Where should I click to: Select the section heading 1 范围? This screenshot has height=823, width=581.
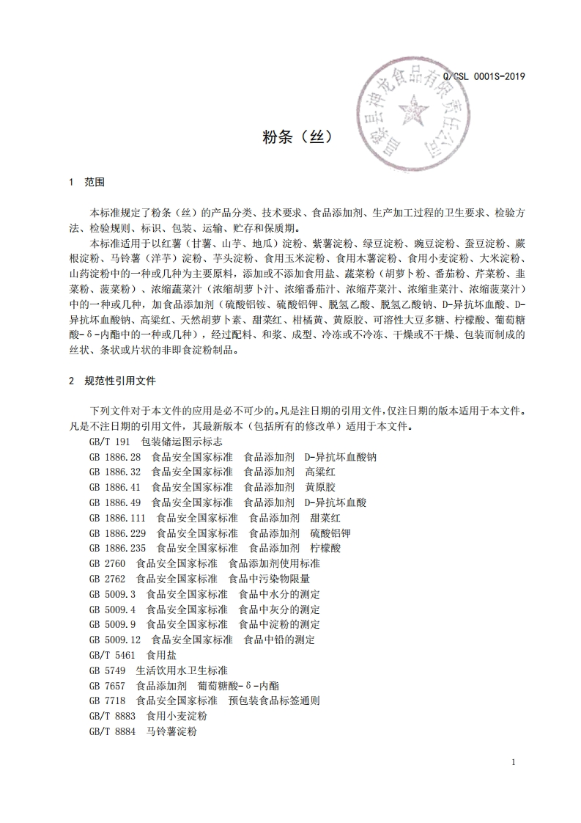tap(86, 181)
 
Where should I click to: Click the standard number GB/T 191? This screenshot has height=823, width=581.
tap(109, 442)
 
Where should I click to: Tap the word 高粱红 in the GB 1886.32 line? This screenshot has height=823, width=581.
tap(320, 472)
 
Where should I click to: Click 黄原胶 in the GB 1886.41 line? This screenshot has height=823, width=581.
tap(320, 487)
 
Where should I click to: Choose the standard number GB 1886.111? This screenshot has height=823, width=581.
tap(117, 518)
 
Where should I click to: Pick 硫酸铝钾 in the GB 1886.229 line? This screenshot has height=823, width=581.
tap(330, 533)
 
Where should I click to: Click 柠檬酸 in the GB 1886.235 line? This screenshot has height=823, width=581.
tap(325, 548)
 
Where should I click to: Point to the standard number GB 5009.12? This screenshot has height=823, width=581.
tap(114, 640)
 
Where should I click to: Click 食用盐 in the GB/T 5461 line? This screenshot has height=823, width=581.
tap(161, 655)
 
